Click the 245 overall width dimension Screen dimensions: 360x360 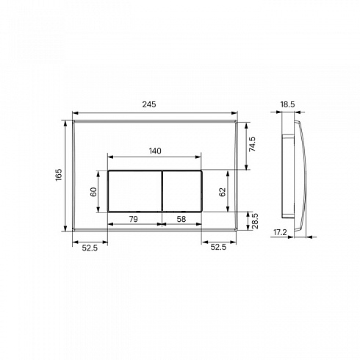(x=149, y=104)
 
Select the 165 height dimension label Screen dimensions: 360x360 (x=59, y=175)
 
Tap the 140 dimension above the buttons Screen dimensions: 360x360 (x=155, y=151)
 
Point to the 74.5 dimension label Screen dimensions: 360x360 (x=252, y=144)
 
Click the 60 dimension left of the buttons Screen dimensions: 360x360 (x=93, y=192)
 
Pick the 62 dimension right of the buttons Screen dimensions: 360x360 (x=223, y=192)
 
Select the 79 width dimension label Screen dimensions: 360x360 (x=134, y=219)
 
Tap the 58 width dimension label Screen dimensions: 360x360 (x=181, y=219)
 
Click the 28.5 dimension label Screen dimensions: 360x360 (x=255, y=221)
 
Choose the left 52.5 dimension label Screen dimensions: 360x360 (x=90, y=248)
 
